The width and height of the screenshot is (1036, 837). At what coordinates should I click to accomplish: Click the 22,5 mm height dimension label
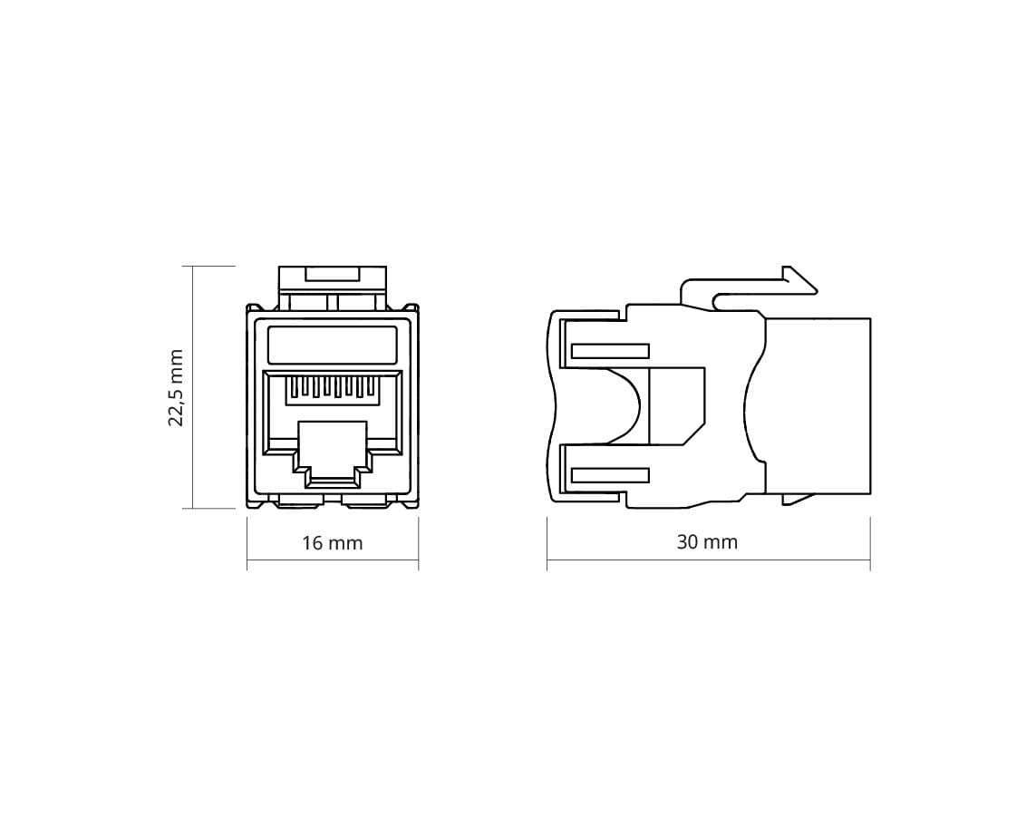176,388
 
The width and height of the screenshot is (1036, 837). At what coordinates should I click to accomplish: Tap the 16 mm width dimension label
333,543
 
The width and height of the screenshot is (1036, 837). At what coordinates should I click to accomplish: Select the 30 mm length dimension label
707,542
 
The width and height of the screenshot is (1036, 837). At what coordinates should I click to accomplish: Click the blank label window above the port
333,345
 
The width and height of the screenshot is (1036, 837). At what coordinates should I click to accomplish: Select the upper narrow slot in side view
610,351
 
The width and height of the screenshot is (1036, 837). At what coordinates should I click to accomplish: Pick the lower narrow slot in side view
610,475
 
